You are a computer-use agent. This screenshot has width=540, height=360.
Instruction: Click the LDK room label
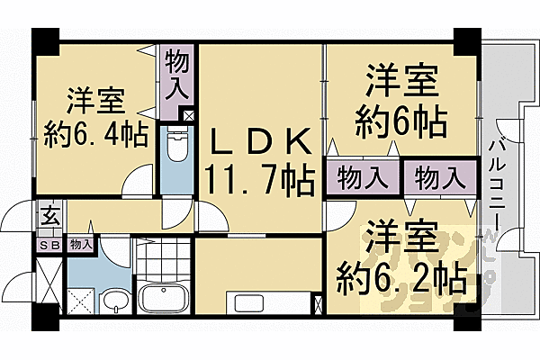point(260,142)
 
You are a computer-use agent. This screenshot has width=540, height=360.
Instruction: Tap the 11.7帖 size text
point(261,178)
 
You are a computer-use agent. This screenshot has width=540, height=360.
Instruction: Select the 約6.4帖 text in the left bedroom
point(96,135)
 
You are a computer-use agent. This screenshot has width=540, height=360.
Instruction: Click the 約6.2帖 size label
point(401,274)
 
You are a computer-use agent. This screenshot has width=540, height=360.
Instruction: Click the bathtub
point(163,297)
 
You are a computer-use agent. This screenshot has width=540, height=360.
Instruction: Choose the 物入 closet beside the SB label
point(79,244)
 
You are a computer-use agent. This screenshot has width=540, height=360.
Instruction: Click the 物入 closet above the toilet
point(175,77)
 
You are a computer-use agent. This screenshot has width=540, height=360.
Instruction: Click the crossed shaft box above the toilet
point(188,115)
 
